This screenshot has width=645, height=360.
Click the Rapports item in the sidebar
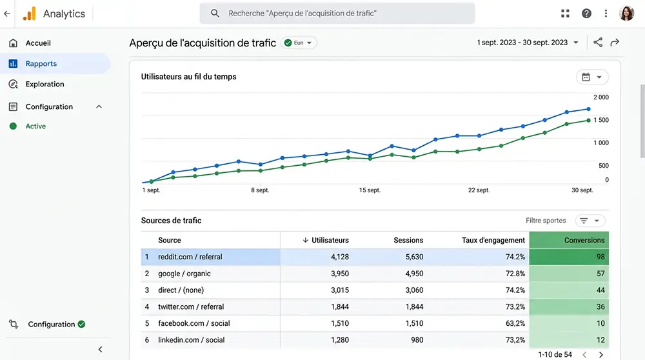pos(41,64)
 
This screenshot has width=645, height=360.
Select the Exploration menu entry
pos(45,85)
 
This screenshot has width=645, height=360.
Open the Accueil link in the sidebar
pos(38,43)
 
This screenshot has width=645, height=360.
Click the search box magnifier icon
pos(215,14)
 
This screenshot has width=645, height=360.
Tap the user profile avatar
pos(626,14)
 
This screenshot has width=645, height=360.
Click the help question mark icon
pos(586,14)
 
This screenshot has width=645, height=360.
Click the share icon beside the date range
pos(598,43)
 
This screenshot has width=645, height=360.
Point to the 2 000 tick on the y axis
pos(600,97)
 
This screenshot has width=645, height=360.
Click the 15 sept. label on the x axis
pos(370,190)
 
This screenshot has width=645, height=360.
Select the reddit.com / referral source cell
pos(190,257)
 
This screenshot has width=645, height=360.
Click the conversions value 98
pos(600,257)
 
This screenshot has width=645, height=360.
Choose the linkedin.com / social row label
pos(192,340)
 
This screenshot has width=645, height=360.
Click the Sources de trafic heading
pos(171,221)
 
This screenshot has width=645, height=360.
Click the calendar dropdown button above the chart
pos(591,77)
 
